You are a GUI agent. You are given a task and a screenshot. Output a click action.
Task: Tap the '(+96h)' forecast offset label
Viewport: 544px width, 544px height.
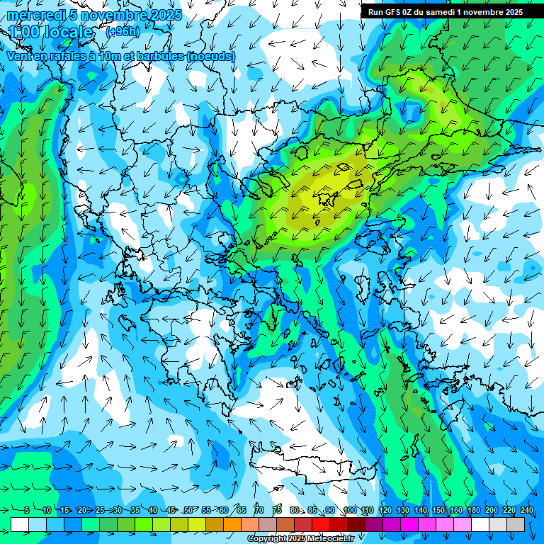[123, 32]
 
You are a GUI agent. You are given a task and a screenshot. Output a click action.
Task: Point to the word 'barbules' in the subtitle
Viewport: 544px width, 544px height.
[155, 56]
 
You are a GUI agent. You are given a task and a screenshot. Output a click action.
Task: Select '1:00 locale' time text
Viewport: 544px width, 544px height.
[52, 33]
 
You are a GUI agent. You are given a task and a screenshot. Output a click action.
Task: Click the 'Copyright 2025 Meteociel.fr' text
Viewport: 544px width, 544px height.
[300, 539]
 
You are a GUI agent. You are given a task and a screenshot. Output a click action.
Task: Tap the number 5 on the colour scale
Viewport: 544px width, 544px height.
[26, 511]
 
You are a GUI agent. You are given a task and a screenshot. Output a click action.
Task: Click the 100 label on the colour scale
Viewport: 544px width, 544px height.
[350, 511]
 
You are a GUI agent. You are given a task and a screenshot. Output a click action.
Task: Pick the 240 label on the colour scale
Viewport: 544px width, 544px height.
[526, 511]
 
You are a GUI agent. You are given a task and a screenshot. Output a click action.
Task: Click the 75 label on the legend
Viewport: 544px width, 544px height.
[277, 511]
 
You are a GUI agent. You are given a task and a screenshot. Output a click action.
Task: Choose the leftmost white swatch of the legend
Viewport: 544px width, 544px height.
[20, 524]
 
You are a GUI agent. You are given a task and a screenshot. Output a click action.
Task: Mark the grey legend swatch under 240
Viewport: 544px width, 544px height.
[516, 524]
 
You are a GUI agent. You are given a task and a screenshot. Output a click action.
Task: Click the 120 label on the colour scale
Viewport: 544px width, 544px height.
[385, 511]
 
